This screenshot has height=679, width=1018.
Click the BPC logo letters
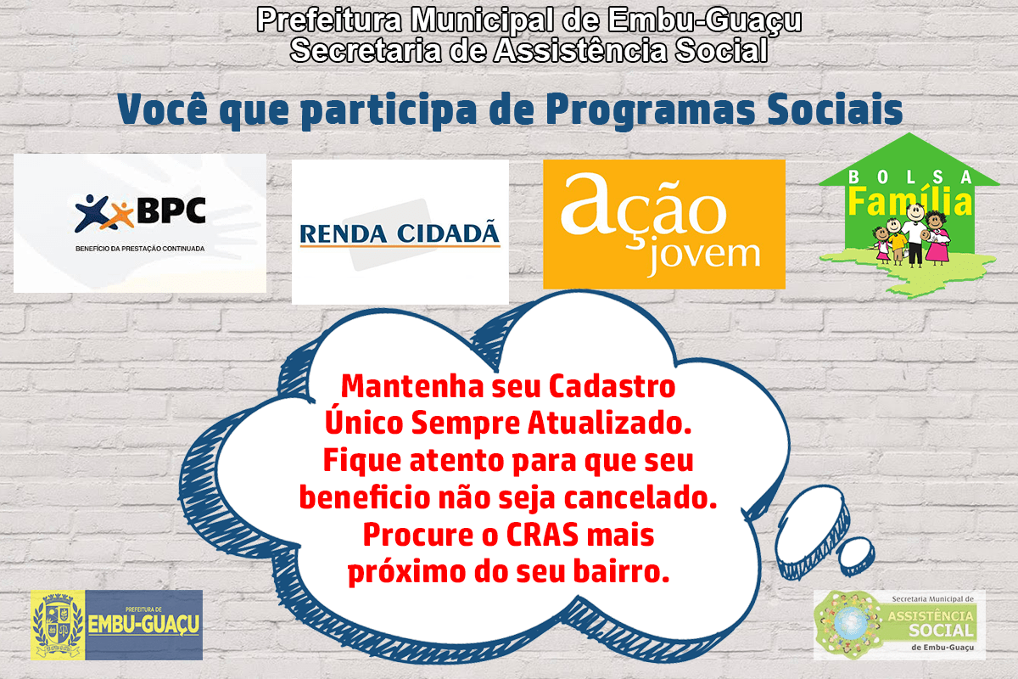click(x=171, y=210)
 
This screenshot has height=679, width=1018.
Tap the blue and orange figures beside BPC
click(x=104, y=213)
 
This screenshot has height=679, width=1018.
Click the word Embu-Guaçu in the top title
click(x=705, y=20)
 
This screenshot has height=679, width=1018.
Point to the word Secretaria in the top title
click(x=366, y=49)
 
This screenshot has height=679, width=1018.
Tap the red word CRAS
click(x=542, y=535)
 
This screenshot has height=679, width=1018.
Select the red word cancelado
click(x=640, y=497)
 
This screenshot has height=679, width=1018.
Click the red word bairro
click(x=621, y=571)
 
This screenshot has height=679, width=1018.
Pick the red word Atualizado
click(x=609, y=424)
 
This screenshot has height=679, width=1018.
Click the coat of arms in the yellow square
click(x=59, y=625)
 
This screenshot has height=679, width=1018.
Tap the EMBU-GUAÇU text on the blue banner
click(x=143, y=624)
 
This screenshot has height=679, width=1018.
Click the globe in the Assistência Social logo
click(x=848, y=623)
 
